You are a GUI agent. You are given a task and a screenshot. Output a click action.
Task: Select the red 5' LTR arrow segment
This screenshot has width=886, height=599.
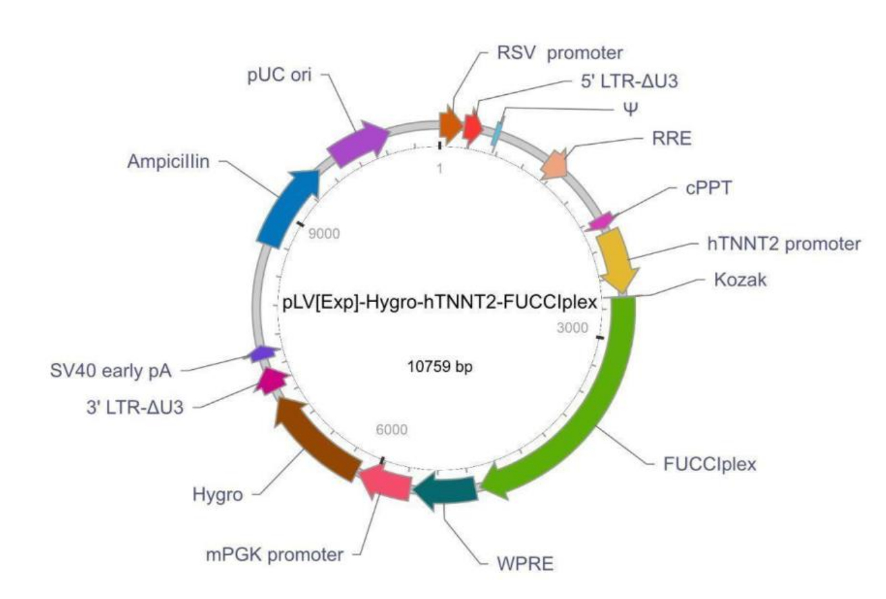tap(473, 127)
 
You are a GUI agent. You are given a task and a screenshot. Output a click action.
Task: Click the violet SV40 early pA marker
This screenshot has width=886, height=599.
tap(262, 353)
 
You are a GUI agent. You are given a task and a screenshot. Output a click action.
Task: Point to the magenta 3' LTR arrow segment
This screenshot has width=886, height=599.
tap(271, 381)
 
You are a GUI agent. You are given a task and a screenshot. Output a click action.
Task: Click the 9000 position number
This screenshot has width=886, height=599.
tap(324, 234)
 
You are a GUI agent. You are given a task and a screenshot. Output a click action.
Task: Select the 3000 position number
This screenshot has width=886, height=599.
tap(572, 328)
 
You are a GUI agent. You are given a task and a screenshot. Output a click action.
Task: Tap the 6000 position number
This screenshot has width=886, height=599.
tap(392, 430)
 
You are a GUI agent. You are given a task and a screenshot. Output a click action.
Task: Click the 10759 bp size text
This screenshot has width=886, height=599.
tap(440, 367)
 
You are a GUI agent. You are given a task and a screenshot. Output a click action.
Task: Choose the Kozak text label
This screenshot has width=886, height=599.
tap(740, 279)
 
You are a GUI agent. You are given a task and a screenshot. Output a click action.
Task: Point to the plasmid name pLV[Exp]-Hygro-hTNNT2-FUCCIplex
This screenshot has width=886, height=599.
tap(440, 303)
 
